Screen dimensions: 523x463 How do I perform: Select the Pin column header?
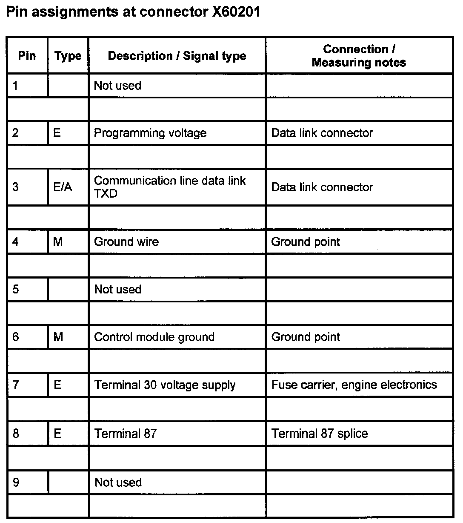click(x=27, y=56)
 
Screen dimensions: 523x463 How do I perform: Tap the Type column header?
click(x=68, y=56)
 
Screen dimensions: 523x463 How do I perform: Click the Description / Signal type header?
click(x=177, y=56)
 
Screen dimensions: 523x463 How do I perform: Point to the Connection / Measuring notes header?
click(x=359, y=56)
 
